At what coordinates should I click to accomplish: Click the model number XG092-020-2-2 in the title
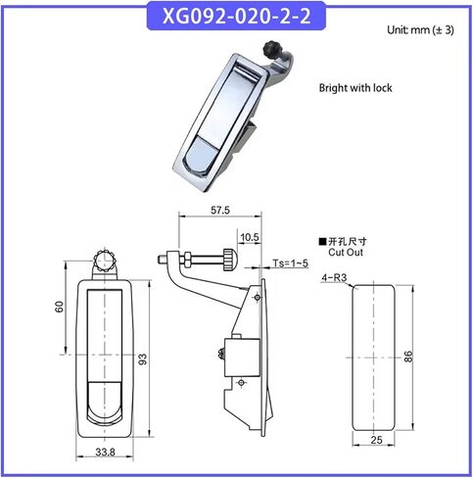point(236,16)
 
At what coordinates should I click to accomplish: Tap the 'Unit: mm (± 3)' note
point(420,30)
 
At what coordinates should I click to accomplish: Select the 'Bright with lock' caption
point(355,88)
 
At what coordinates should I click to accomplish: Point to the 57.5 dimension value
point(220,211)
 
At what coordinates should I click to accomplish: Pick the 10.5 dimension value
point(250,237)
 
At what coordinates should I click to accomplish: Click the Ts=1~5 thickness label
point(290,263)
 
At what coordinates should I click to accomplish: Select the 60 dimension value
point(60,307)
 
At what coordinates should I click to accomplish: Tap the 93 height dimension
point(143,359)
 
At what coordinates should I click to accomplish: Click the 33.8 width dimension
point(105,453)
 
